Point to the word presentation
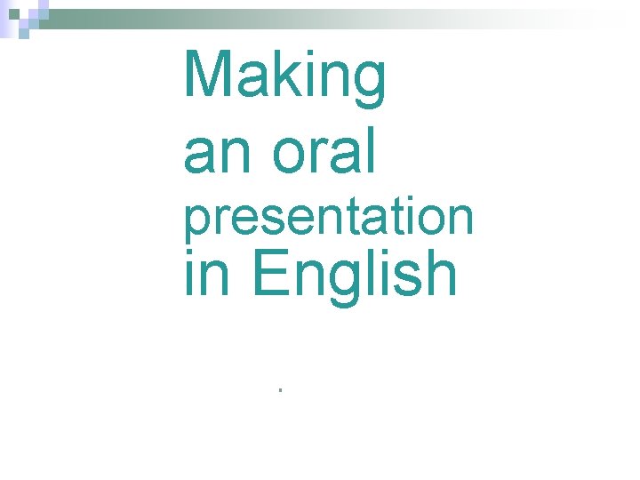click(x=328, y=218)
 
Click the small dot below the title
click(x=278, y=390)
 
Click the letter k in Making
click(x=276, y=75)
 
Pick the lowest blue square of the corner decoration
click(x=24, y=35)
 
